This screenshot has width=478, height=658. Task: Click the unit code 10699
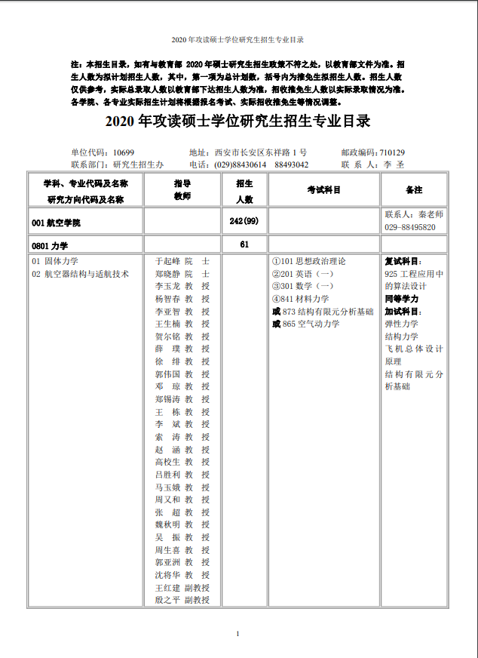(124, 152)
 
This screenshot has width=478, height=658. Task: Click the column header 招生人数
(244, 191)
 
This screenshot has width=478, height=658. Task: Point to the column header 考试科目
(324, 190)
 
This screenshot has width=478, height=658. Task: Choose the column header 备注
(414, 190)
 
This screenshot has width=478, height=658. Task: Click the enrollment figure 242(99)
(244, 220)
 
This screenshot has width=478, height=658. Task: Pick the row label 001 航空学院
(56, 223)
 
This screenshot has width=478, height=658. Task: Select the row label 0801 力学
(50, 245)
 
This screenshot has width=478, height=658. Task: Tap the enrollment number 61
(244, 244)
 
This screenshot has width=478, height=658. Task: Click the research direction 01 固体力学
(55, 261)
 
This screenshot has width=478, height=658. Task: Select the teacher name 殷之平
(167, 600)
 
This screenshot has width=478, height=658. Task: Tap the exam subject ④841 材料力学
(301, 299)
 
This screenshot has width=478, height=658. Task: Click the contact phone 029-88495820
(410, 227)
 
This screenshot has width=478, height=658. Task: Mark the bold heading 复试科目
(404, 261)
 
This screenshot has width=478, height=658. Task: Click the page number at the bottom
(238, 633)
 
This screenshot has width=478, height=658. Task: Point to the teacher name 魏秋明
(167, 524)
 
